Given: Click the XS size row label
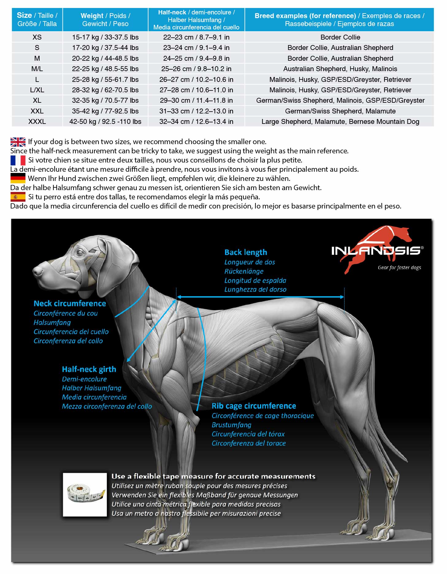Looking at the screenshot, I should [x=37, y=37].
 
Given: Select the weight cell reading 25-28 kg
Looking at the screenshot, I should [x=105, y=79].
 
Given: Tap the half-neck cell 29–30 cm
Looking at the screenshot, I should [x=196, y=101].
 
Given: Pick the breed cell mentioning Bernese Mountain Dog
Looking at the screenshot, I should [x=340, y=122].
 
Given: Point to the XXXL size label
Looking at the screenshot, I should [x=37, y=122].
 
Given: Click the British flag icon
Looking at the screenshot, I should [x=18, y=142].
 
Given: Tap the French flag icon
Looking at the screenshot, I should [x=18, y=160].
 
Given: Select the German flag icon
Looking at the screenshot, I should [x=18, y=178].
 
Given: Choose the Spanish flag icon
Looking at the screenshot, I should [x=18, y=197].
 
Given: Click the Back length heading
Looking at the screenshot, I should [x=246, y=252].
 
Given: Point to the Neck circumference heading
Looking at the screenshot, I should [x=70, y=304].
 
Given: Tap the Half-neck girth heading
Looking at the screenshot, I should [x=89, y=369].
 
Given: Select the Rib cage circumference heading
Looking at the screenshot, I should [x=254, y=406].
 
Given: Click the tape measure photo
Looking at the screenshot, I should [x=85, y=494].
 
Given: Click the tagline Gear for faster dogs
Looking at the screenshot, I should [x=399, y=268].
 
